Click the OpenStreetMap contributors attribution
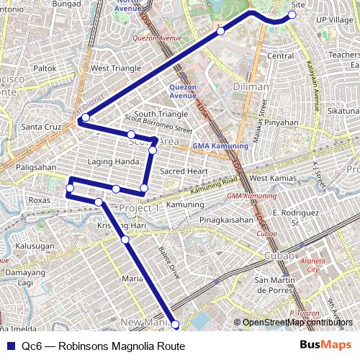[x=297, y=322]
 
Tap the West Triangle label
[x=116, y=68]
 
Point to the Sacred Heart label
[x=184, y=171]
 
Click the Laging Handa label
[x=113, y=161]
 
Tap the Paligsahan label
[x=36, y=167]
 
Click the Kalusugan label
[x=35, y=246]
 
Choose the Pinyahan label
[x=281, y=122]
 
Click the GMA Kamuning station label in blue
[x=220, y=146]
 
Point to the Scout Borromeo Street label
[x=158, y=125]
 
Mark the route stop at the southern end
[x=175, y=325]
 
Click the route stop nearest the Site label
[x=292, y=14]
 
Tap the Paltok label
[x=45, y=68]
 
